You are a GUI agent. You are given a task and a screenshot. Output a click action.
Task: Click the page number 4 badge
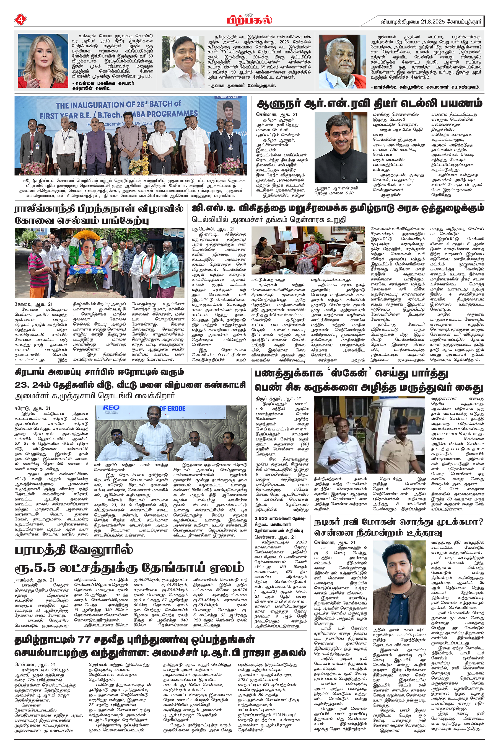tap(20, 20)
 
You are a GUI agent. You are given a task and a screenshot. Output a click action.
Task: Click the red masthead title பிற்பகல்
tap(249, 20)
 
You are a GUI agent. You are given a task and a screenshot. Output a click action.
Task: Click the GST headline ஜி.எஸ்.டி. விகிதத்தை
tap(338, 209)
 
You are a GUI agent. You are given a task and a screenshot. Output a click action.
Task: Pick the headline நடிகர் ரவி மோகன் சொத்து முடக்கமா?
tap(399, 527)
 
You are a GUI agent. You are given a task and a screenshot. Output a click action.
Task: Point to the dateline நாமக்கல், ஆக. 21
tap(35, 580)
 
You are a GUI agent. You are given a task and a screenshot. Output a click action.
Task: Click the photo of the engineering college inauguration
tap(131, 136)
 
